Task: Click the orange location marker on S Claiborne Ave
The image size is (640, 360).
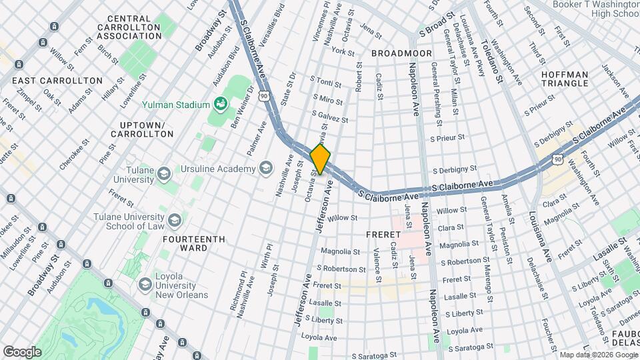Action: tap(321, 159)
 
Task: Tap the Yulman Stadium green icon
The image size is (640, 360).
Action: tap(219, 104)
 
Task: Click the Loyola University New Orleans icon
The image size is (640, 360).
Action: tap(145, 285)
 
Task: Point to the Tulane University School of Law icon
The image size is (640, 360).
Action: tap(175, 220)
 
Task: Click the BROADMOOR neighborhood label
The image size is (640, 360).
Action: tap(397, 53)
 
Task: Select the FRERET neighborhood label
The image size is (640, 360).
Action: tap(383, 235)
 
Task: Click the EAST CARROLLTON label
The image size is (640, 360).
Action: tap(57, 80)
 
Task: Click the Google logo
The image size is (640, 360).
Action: tap(22, 351)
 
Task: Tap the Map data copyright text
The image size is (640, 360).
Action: tap(597, 354)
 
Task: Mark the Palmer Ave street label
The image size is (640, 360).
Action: tap(257, 138)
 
